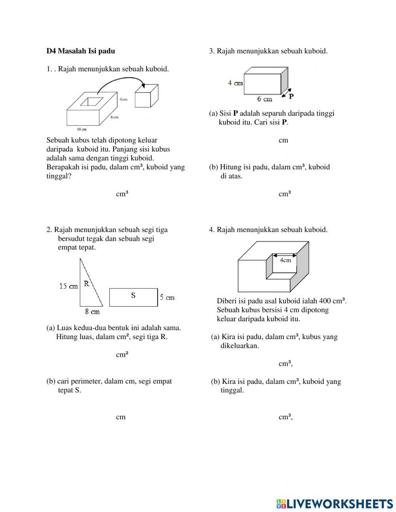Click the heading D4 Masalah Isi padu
pyautogui.click(x=81, y=51)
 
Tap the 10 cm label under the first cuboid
pyautogui.click(x=81, y=129)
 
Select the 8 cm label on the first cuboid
pyautogui.click(x=114, y=117)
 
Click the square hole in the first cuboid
pyautogui.click(x=92, y=102)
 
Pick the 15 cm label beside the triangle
pyautogui.click(x=69, y=286)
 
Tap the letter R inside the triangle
pyautogui.click(x=86, y=284)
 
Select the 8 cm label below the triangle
pyautogui.click(x=92, y=312)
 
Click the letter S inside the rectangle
pyautogui.click(x=133, y=295)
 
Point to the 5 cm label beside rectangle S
pyautogui.click(x=167, y=297)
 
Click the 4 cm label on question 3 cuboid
pyautogui.click(x=235, y=83)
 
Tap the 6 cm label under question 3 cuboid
pyautogui.click(x=265, y=99)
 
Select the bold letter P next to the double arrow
pyautogui.click(x=291, y=96)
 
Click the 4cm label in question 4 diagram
pyautogui.click(x=285, y=260)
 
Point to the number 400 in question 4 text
pyautogui.click(x=325, y=301)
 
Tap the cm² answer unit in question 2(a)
pyautogui.click(x=122, y=355)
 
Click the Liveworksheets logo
pyautogui.click(x=335, y=503)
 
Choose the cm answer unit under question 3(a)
pyautogui.click(x=283, y=140)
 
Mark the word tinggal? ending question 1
pyautogui.click(x=59, y=176)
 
